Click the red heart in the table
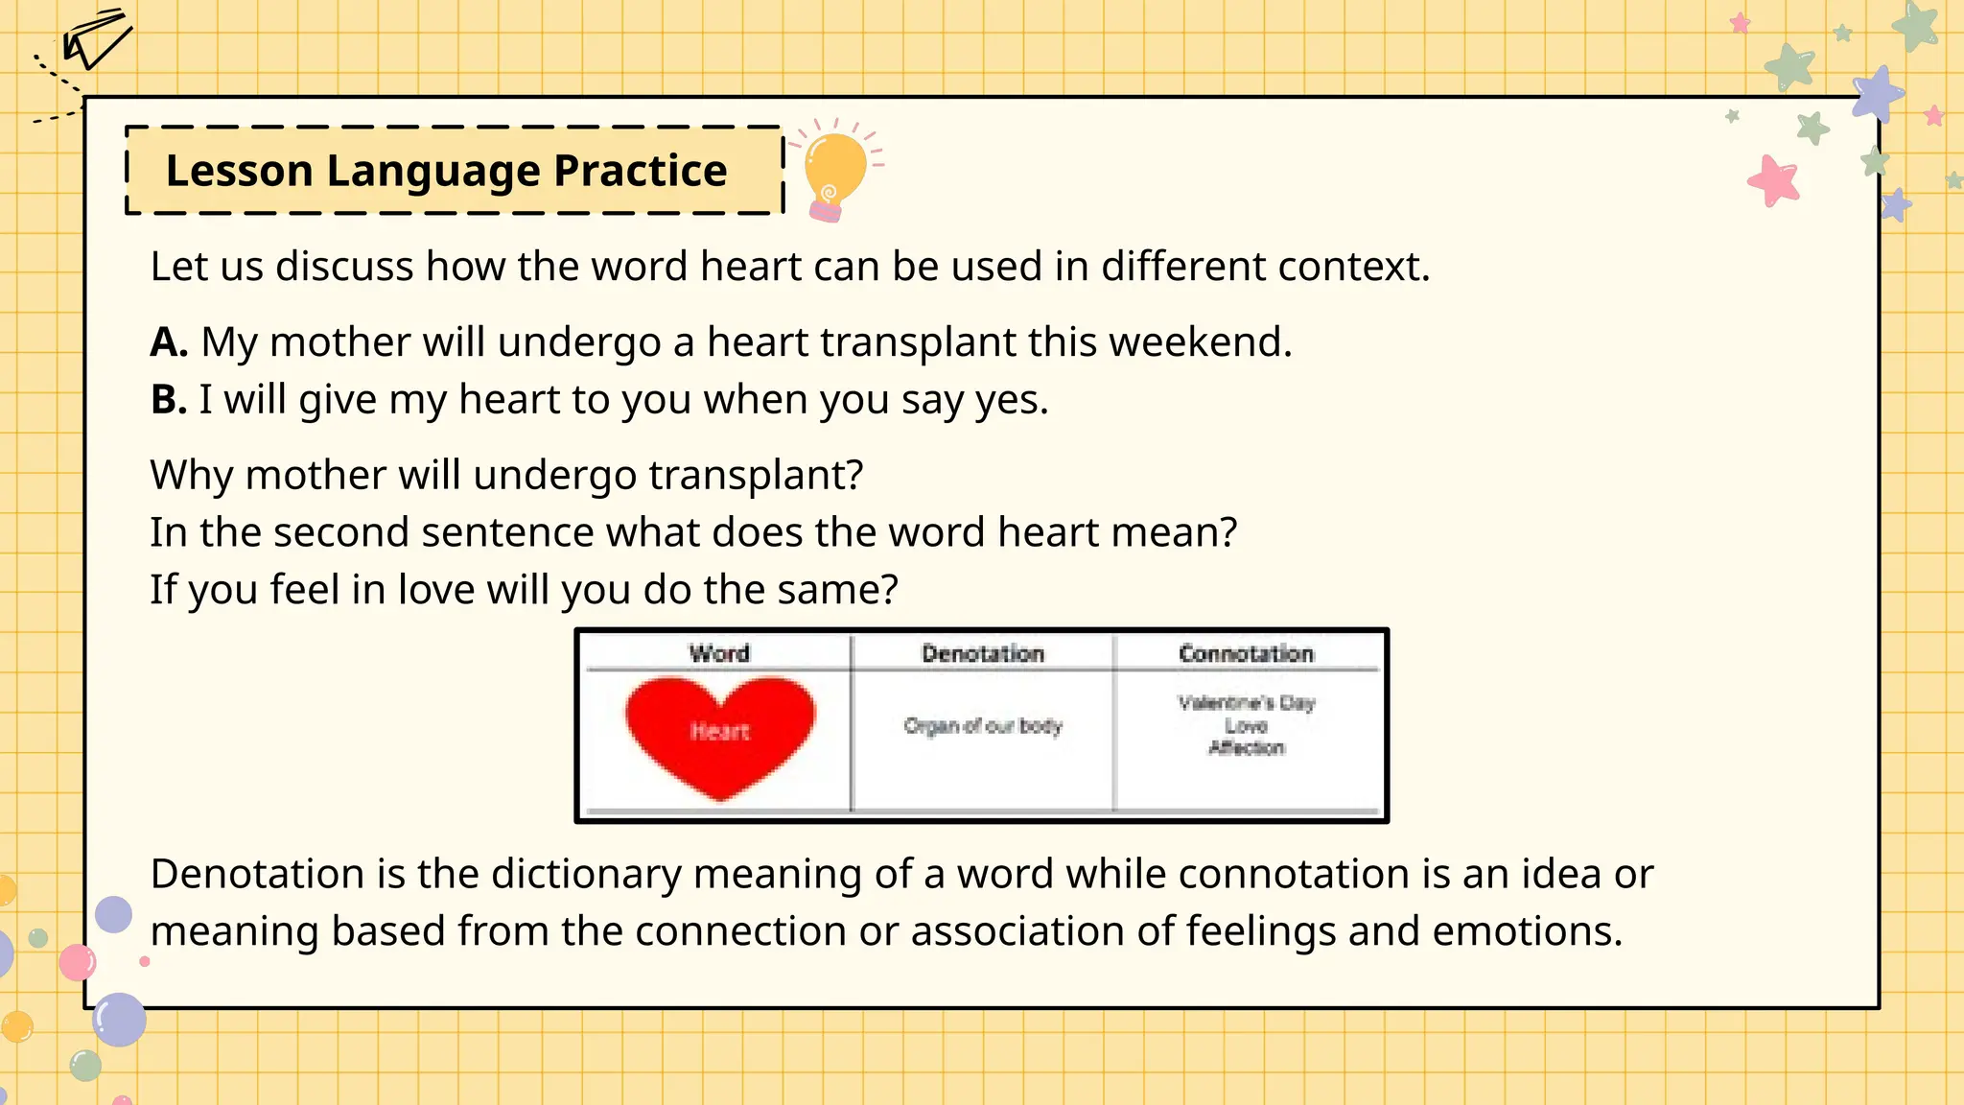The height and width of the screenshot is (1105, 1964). point(719,735)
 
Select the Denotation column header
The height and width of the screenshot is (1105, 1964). point(983,654)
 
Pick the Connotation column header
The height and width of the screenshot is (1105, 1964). point(1246,654)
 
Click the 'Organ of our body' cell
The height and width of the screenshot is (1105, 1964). point(983,726)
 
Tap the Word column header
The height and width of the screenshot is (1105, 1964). point(719,654)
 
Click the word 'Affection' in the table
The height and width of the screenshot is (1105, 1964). point(1246,748)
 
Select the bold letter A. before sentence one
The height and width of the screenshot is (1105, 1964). point(169,342)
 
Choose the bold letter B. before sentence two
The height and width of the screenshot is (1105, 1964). point(168,400)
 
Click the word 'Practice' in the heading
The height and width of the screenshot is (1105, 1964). point(640,171)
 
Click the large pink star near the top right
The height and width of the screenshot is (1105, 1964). point(1773,180)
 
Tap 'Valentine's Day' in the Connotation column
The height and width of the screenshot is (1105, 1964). point(1246,703)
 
